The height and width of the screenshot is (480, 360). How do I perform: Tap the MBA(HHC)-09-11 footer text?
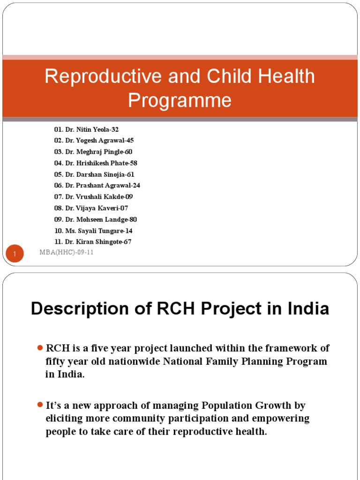click(x=66, y=253)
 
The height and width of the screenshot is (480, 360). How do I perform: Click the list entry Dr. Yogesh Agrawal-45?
click(x=94, y=141)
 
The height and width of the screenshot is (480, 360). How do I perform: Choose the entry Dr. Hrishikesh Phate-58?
click(x=96, y=163)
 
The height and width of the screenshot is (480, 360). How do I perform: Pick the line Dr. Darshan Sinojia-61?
click(x=94, y=174)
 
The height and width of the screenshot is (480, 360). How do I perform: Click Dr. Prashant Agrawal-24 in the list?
click(x=97, y=186)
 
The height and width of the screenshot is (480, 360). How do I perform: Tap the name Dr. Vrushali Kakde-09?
click(x=93, y=197)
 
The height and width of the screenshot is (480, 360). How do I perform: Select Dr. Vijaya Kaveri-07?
click(x=91, y=208)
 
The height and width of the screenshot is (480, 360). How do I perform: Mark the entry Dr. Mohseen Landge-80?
click(x=95, y=219)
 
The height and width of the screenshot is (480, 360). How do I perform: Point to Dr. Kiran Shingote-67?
click(x=93, y=242)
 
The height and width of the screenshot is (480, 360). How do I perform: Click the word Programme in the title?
click(x=180, y=100)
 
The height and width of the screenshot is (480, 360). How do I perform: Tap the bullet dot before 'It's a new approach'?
click(x=40, y=405)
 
